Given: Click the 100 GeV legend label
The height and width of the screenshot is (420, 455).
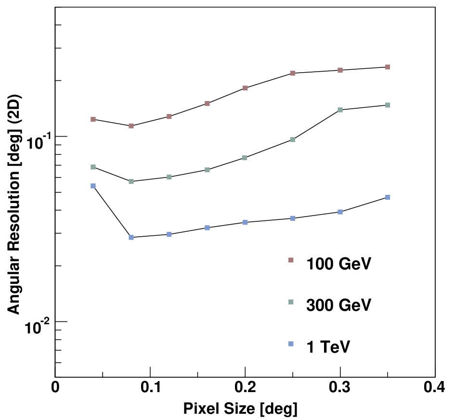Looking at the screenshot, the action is (x=338, y=264).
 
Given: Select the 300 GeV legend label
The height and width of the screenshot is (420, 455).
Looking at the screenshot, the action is (x=338, y=305).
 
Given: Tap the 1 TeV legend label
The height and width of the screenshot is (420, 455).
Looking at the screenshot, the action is (x=328, y=346).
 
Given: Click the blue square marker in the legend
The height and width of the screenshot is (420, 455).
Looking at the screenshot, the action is (x=291, y=344).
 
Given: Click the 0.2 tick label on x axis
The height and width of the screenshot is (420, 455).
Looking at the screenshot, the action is (x=245, y=388).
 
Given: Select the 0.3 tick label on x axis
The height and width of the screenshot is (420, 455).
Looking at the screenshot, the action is (x=340, y=388).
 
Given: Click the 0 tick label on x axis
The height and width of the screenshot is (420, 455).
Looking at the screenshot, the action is (x=55, y=388).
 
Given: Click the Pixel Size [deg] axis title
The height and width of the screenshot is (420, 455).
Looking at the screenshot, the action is (x=240, y=409).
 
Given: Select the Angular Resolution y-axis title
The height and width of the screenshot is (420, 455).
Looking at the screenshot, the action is (x=14, y=204).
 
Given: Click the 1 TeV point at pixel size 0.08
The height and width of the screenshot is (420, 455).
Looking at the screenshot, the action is (x=131, y=237).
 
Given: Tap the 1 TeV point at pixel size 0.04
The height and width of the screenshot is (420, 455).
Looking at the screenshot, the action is (x=93, y=186).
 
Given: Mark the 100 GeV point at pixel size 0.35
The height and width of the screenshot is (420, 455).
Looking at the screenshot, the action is (x=388, y=67).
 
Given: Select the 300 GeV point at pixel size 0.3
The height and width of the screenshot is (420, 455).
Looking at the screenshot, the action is (x=340, y=110).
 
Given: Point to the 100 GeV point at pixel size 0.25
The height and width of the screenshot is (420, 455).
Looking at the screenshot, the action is (x=293, y=73).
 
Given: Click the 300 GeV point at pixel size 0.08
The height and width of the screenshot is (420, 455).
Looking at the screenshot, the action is (x=131, y=181).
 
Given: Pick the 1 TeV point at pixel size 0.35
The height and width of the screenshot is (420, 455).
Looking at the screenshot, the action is (x=388, y=197).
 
